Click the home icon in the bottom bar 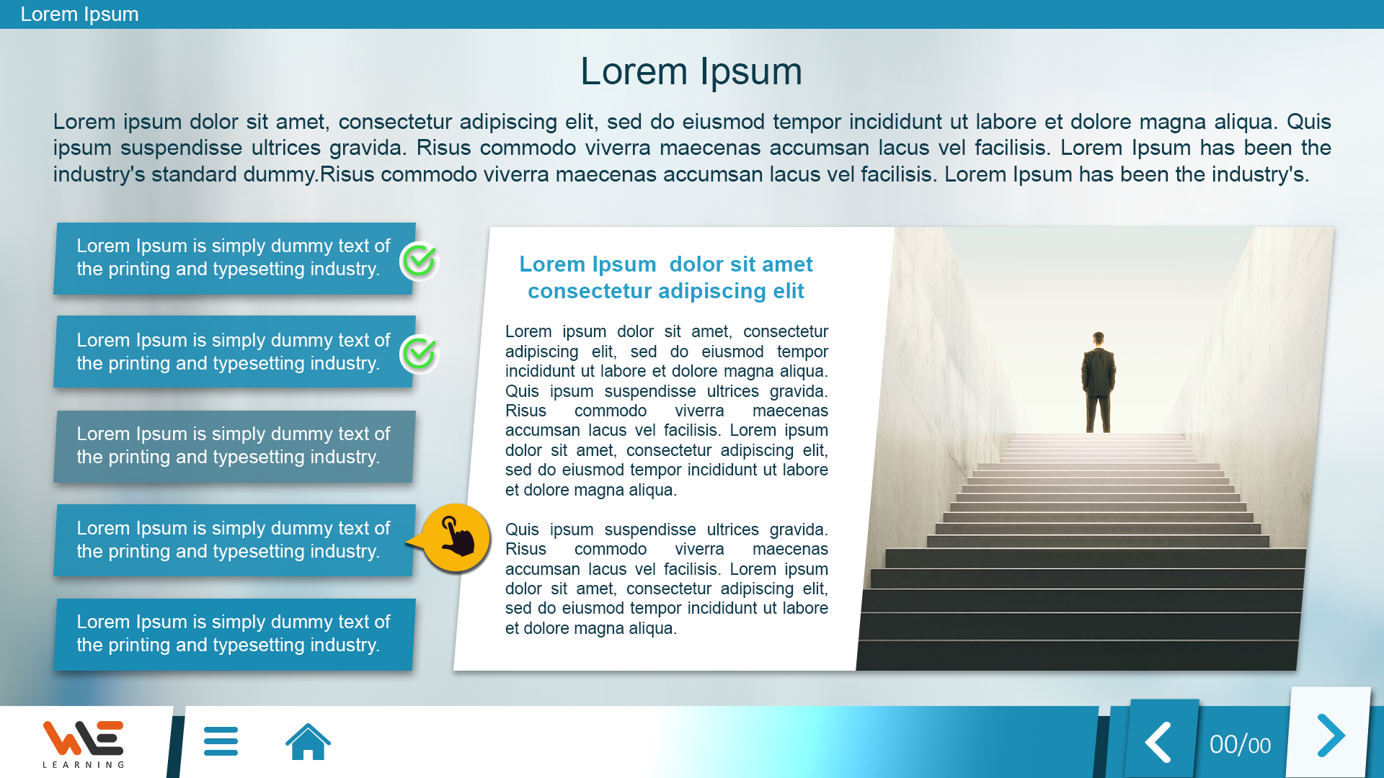pos(308,742)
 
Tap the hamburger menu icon pos(221,741)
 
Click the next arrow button pos(1331,735)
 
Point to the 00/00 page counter pos(1240,745)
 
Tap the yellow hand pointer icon pos(456,538)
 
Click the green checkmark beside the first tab pos(419,261)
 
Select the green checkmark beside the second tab pos(419,354)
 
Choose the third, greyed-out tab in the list pos(234,446)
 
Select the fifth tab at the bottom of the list pos(234,634)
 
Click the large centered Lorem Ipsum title pos(691,71)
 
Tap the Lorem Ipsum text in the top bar pos(79,14)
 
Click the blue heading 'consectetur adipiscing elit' pos(665,291)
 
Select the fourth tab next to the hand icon pos(234,540)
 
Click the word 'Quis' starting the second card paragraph pos(522,529)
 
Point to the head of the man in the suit pos(1099,338)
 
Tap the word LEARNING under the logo pos(84,765)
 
